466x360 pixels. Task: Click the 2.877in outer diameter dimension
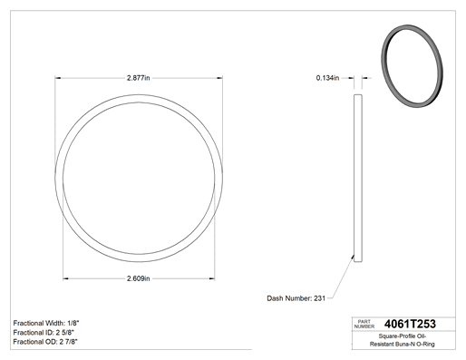click(x=138, y=78)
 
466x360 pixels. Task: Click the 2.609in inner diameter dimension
click(x=138, y=278)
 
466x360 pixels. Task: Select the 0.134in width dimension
click(x=327, y=78)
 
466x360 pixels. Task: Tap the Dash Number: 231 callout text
click(x=296, y=298)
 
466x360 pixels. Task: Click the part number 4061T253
click(x=410, y=324)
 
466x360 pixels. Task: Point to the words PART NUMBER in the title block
click(x=364, y=324)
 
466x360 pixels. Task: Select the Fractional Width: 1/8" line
click(x=46, y=323)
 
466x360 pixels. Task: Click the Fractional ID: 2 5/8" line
click(x=44, y=333)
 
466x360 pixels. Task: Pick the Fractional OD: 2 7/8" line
click(x=45, y=342)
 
